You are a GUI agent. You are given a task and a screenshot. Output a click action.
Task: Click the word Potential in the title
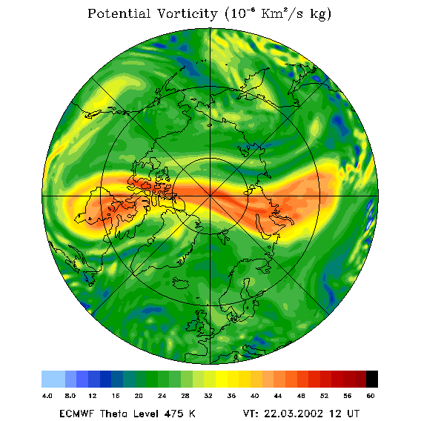click(x=119, y=13)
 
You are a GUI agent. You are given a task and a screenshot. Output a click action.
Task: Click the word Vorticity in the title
click(x=187, y=13)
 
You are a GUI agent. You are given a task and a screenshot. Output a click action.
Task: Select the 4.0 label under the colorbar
click(x=47, y=396)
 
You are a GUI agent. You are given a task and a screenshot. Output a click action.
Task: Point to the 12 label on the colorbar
click(x=93, y=396)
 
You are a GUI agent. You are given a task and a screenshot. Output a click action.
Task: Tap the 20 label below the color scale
click(x=139, y=396)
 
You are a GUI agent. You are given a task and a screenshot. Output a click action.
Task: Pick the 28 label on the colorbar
click(x=185, y=396)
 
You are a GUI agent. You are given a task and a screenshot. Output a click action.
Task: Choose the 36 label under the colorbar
click(x=231, y=396)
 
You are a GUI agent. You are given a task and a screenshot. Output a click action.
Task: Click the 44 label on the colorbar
click(x=278, y=396)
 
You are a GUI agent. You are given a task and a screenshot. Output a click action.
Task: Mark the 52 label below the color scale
click(x=325, y=396)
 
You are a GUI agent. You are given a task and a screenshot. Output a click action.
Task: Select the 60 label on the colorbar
click(x=371, y=396)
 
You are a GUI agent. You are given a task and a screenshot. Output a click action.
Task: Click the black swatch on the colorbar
click(x=372, y=379)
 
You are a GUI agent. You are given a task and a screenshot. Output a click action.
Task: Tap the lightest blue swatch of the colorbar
click(x=53, y=379)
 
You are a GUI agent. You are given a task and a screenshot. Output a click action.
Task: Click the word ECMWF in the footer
click(x=77, y=414)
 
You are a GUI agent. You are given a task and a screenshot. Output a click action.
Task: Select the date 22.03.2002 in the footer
click(x=294, y=414)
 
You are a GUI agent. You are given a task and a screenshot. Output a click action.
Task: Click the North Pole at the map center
click(x=210, y=196)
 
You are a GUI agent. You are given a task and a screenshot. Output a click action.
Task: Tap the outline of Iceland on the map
click(x=181, y=283)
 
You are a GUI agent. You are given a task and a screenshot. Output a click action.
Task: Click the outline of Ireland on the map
click(x=192, y=325)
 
